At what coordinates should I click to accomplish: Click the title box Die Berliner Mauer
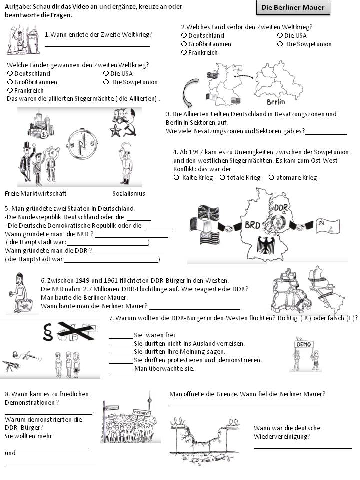click(x=293, y=7)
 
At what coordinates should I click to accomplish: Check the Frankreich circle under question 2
click(x=184, y=52)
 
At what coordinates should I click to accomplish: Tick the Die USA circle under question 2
click(x=280, y=35)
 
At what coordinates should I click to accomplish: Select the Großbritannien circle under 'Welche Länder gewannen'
click(x=10, y=82)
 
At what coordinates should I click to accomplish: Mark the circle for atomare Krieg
click(x=271, y=177)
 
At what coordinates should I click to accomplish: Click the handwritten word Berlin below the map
click(x=276, y=102)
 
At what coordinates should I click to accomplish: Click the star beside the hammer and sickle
click(x=115, y=131)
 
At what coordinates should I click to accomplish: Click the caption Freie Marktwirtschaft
click(x=36, y=193)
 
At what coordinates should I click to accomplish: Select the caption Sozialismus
click(x=129, y=193)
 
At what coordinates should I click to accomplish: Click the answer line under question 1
click(x=97, y=45)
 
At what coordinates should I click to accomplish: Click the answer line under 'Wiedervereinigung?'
click(x=302, y=448)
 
